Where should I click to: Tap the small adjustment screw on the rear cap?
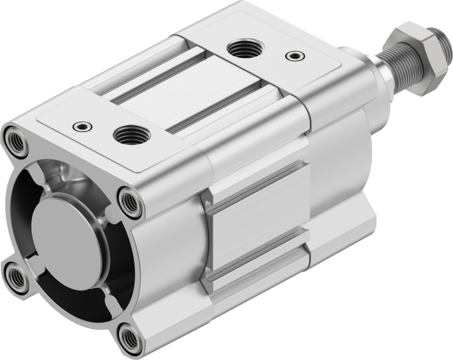click(x=82, y=126)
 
